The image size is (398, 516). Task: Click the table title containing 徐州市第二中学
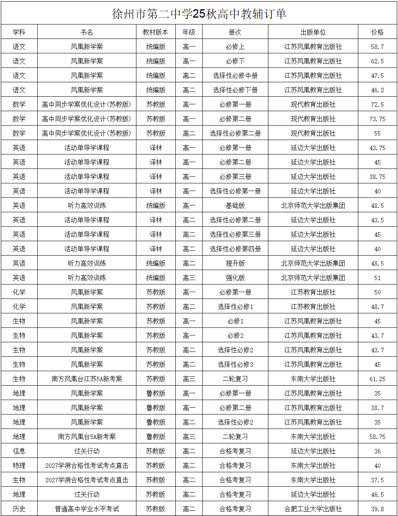pos(199,14)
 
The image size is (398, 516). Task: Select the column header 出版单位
pos(313,32)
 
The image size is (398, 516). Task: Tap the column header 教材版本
pos(156,32)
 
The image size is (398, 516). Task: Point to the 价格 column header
pos(377,32)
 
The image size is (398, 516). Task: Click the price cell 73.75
pos(377,119)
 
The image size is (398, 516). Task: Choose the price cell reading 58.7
pos(377,47)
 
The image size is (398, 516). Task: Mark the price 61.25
pos(377,379)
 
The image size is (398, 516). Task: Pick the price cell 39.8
pos(377,509)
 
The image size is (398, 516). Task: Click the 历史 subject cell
pos(19,509)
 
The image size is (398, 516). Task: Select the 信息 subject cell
pos(19,451)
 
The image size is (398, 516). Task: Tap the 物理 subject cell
pos(19,465)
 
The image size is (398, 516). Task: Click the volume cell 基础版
pos(235,205)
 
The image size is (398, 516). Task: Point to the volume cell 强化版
pos(235,278)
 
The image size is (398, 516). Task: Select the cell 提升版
pos(235,263)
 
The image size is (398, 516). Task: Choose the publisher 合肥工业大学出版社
pos(313,509)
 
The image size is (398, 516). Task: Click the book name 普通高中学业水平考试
pos(87,509)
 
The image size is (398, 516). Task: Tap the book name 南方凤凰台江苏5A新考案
pos(87,379)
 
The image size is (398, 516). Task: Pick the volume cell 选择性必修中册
pos(235,75)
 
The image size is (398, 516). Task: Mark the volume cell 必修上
pos(235,47)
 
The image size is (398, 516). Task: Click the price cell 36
pos(377,451)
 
